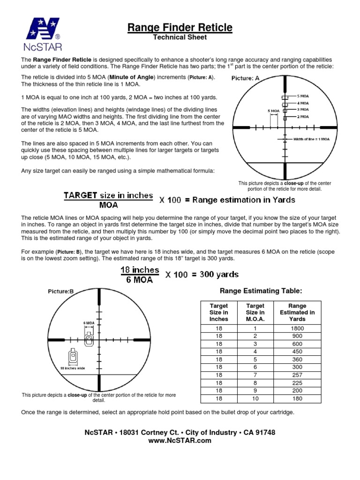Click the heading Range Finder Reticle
(x=180, y=28)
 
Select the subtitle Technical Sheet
(x=180, y=37)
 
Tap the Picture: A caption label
(x=245, y=79)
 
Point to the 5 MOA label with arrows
(x=273, y=111)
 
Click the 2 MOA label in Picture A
(x=303, y=116)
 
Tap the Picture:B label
(x=61, y=291)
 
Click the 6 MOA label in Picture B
(x=89, y=323)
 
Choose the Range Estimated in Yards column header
(x=297, y=313)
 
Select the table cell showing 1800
(x=297, y=329)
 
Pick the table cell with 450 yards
(x=297, y=352)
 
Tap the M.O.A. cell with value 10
(x=255, y=399)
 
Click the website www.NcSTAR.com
(x=180, y=441)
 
